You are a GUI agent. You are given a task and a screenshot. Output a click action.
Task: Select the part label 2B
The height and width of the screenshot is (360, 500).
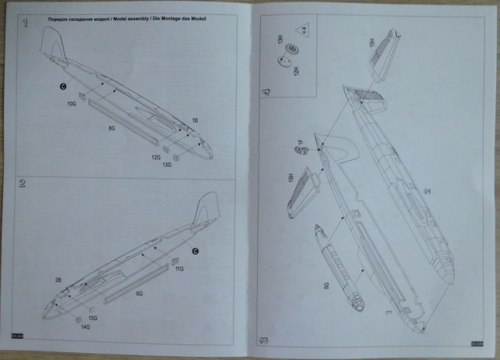[x=58, y=279]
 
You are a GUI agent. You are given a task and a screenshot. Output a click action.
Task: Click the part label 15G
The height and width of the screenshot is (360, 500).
[x=92, y=318]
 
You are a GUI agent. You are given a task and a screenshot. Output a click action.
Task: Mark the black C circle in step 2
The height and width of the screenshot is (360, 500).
[x=196, y=250]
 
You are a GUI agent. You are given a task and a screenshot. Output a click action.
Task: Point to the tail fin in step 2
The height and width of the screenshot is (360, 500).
[x=205, y=209]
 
